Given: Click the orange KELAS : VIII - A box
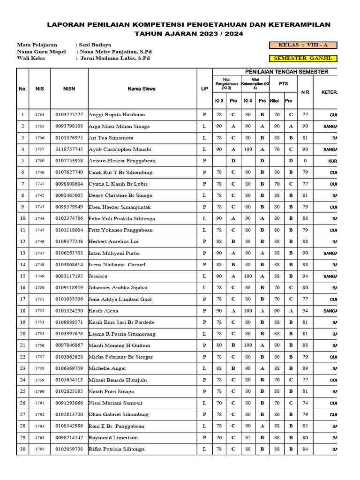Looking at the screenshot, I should [303, 45].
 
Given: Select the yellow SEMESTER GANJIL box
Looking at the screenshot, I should [303, 59].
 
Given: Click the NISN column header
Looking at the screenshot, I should [69, 89].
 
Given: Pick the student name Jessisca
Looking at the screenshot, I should [98, 276].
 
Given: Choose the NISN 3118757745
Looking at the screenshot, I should [69, 150].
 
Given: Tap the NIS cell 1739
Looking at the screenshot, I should [39, 161].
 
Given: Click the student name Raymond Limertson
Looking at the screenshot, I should [113, 437].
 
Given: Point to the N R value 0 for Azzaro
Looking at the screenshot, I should [305, 161].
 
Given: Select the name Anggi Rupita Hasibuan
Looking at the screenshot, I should [117, 115].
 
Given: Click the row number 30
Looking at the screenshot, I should [22, 449].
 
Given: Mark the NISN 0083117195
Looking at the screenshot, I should [69, 276].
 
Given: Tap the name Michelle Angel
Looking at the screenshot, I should [107, 368].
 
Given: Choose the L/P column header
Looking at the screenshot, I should [204, 89].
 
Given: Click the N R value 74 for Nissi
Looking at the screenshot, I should [305, 403].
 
